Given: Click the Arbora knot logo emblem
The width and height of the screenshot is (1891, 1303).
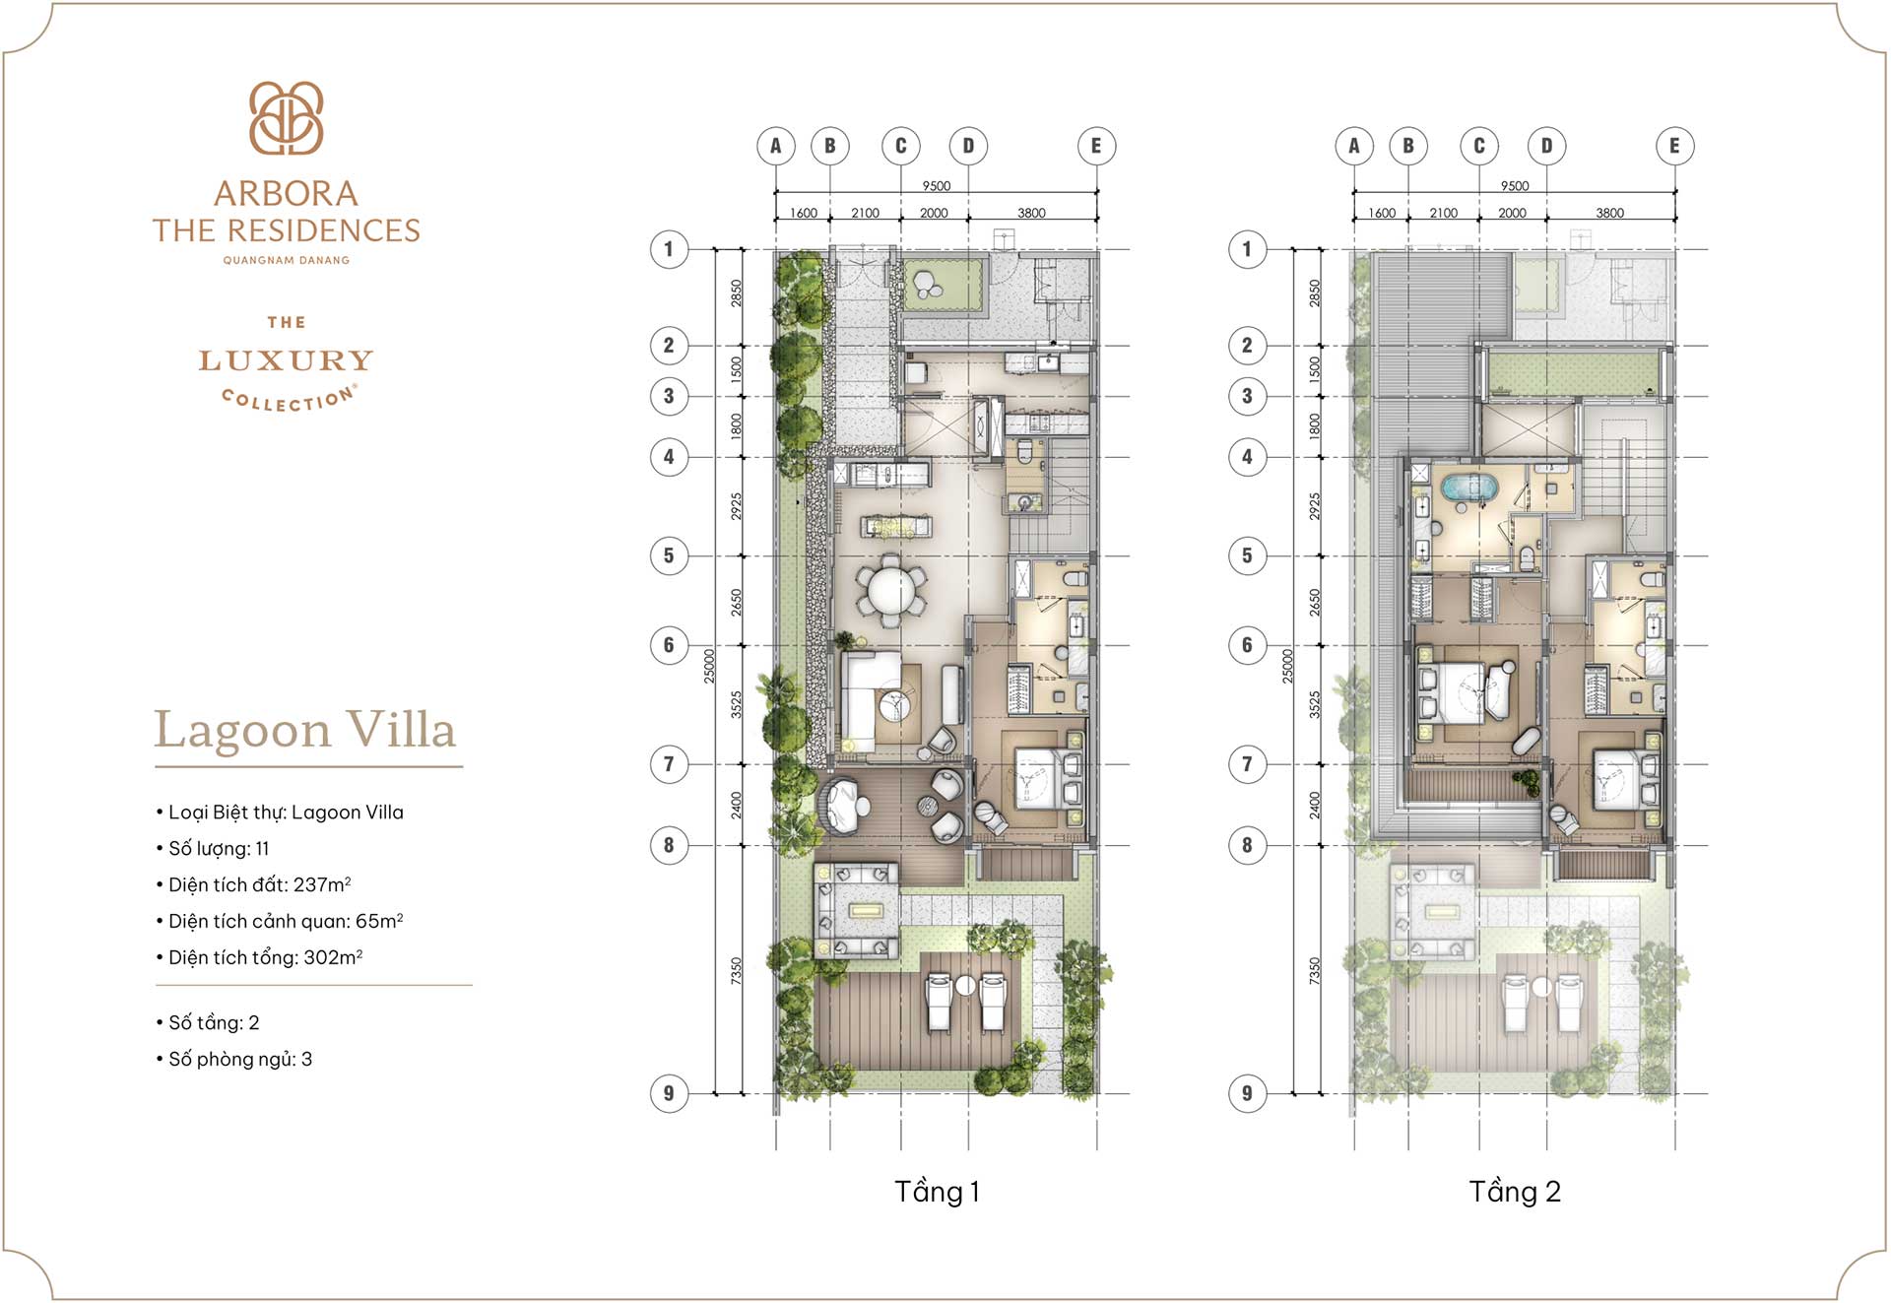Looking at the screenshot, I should [286, 118].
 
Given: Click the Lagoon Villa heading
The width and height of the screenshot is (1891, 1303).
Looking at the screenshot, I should [305, 731].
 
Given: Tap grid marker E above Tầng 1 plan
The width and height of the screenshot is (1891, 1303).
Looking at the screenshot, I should [1095, 146].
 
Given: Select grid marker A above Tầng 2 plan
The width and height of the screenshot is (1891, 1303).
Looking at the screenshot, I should [1354, 146].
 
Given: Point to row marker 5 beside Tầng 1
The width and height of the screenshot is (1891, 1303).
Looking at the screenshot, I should [669, 555].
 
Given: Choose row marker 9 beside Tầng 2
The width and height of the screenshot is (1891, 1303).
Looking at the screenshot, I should [1247, 1093].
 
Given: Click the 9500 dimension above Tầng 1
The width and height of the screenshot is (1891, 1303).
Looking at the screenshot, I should [936, 186].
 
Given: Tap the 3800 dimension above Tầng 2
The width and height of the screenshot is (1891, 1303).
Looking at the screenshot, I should [1609, 213].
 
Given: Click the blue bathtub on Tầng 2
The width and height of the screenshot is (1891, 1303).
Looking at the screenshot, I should [1469, 487].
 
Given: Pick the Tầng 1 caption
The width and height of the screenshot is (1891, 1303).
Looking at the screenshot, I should [936, 1192].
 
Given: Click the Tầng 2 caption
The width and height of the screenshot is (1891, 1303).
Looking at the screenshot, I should [1515, 1192].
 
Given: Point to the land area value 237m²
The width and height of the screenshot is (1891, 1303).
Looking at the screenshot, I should [322, 884].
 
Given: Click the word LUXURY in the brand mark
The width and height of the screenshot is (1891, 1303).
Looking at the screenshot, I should [286, 360].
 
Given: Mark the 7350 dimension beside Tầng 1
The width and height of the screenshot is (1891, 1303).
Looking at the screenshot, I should [736, 970].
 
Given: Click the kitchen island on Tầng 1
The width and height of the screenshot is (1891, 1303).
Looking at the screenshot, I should [896, 528].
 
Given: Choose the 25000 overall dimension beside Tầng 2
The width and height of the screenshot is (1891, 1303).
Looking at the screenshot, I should [1287, 667].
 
